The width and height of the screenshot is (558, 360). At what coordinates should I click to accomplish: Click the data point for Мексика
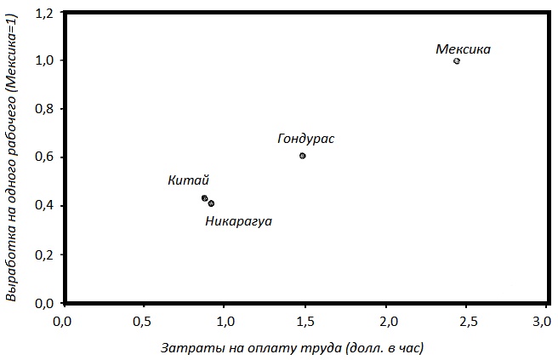457,61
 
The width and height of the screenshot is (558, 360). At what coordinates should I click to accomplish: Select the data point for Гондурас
303,156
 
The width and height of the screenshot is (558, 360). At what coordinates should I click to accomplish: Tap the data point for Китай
205,198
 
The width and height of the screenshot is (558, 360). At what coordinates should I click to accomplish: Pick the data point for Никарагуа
211,203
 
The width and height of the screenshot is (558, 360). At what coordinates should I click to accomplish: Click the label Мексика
463,49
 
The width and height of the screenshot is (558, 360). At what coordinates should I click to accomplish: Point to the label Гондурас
306,139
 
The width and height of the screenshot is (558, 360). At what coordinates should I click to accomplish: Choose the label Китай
188,180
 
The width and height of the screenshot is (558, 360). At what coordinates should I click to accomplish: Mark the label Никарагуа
239,221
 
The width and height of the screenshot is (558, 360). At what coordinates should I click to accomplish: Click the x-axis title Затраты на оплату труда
292,347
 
